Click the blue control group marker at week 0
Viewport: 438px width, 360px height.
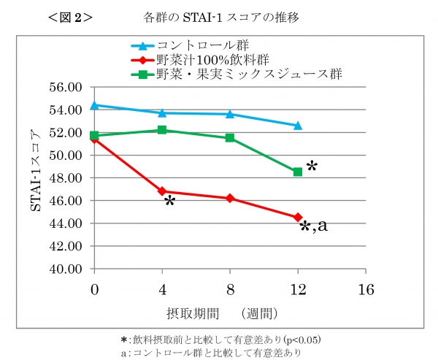click(94, 105)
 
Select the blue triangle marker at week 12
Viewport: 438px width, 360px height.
click(298, 126)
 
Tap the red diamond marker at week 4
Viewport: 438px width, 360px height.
click(162, 191)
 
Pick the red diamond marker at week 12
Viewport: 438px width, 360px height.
click(298, 217)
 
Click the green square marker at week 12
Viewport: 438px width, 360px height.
click(298, 172)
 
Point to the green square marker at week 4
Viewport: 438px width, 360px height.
click(162, 130)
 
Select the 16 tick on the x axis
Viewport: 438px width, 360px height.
click(365, 289)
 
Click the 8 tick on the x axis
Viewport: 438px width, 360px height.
click(230, 289)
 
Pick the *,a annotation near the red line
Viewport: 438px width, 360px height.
click(314, 226)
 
